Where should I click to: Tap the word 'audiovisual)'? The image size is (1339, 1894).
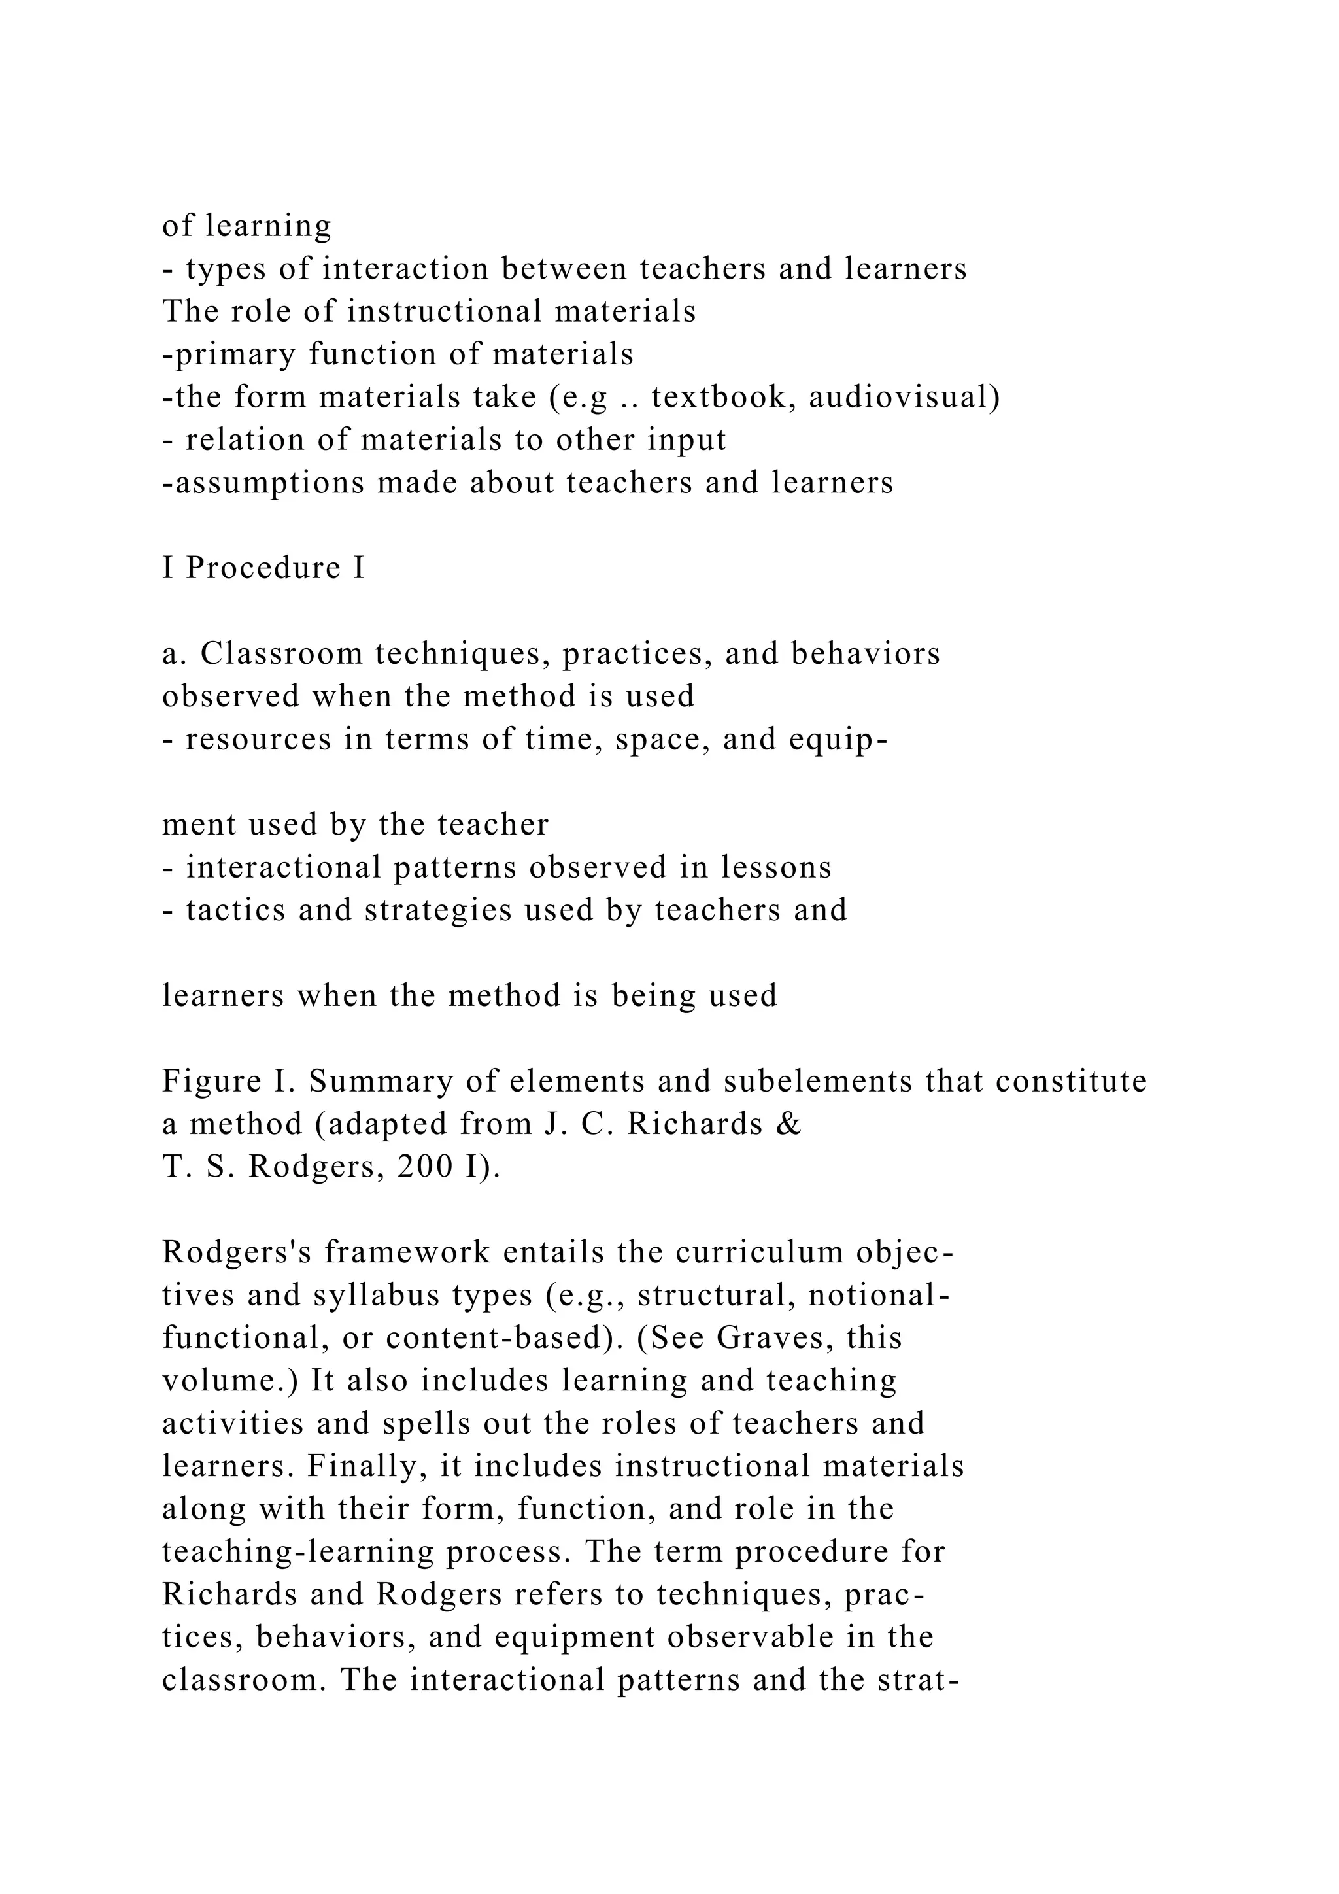[904, 398]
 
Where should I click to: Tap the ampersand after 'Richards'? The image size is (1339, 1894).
[789, 1124]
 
